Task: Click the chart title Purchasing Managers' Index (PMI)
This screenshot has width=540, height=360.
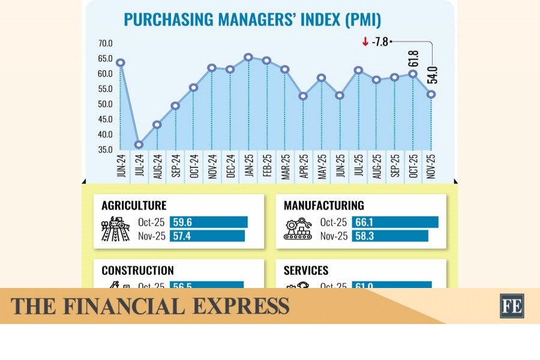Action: coord(252,20)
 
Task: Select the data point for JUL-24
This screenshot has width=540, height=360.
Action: coord(139,145)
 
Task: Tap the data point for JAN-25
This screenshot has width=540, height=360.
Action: coord(248,57)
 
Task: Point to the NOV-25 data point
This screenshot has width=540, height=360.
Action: coord(431,94)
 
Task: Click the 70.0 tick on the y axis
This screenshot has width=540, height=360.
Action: coord(106,44)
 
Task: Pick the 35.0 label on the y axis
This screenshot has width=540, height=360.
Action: coord(106,150)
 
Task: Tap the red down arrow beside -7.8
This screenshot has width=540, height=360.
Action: coord(365,41)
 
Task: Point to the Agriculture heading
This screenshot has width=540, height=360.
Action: coord(134,206)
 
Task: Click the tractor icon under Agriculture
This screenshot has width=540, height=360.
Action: coord(115,229)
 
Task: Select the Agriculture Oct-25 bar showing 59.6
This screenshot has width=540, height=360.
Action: coord(208,222)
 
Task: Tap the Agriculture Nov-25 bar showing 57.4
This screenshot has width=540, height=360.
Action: coord(207,236)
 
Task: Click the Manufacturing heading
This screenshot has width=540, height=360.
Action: coord(324,206)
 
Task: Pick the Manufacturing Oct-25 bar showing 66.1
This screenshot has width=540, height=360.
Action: coord(395,222)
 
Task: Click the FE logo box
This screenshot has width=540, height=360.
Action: coord(512,306)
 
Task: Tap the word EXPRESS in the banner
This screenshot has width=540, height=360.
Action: coord(241,307)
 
